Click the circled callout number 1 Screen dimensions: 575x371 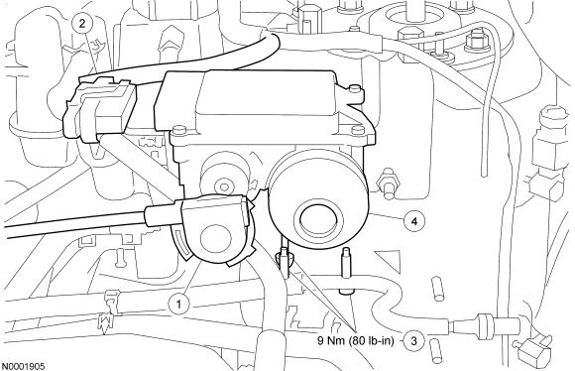tap(179, 305)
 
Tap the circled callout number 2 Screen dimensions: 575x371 tap(82, 24)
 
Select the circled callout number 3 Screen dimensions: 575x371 tap(414, 341)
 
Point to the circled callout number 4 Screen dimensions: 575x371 tap(414, 221)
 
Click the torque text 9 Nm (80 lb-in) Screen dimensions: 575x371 tap(355, 341)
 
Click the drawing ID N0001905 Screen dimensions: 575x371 tap(24, 366)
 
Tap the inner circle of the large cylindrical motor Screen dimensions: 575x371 tap(318, 219)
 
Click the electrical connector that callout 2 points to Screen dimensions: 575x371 tap(99, 109)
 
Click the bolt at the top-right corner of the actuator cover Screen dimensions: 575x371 tap(354, 88)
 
